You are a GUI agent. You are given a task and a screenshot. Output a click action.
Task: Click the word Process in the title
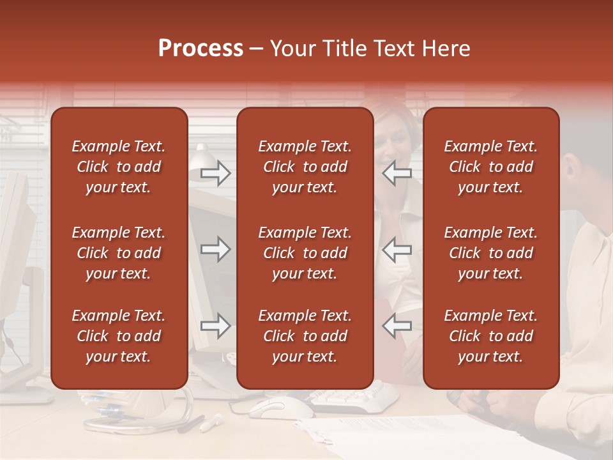[x=201, y=49]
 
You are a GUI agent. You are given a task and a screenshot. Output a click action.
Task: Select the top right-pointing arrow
[x=216, y=173]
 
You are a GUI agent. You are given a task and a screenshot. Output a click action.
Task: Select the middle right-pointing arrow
[x=216, y=249]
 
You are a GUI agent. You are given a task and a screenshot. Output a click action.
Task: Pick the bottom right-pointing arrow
[x=216, y=326]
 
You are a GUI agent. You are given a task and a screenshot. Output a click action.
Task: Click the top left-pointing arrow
[x=397, y=173]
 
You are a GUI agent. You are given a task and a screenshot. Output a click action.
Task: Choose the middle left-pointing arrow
[x=397, y=249]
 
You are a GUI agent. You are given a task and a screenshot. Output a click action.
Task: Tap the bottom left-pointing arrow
[x=397, y=326]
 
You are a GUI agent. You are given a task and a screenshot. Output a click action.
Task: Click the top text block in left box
[x=119, y=167]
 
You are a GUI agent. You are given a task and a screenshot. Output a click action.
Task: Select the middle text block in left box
[x=119, y=253]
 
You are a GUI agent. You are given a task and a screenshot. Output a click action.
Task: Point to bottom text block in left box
[x=119, y=336]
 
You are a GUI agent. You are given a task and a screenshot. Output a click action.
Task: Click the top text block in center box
[x=305, y=167]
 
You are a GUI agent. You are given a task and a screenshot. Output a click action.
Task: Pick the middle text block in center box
[x=305, y=253]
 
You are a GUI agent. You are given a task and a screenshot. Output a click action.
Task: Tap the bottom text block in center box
[x=305, y=336]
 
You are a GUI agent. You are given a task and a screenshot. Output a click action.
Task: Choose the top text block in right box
[x=490, y=167]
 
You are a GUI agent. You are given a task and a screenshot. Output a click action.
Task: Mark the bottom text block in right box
[x=490, y=336]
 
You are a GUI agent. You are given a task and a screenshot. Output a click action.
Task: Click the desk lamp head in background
[x=203, y=153]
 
